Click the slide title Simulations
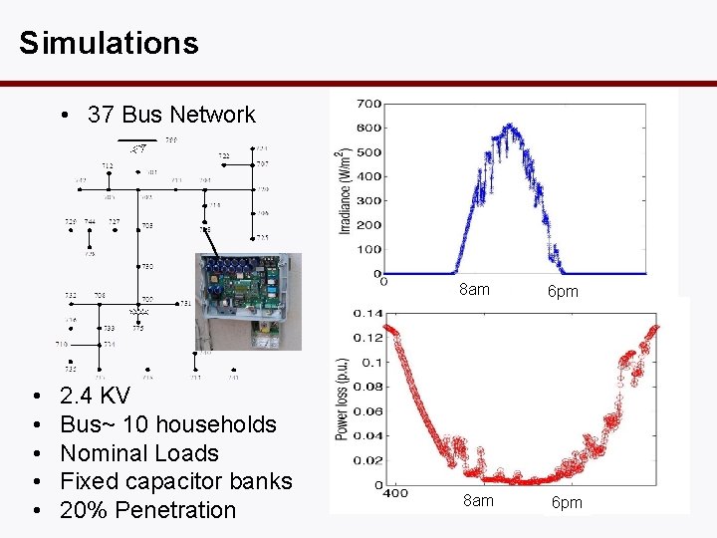109,43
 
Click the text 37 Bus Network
171,115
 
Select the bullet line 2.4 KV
95,396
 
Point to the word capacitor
173,481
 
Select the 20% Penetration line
147,510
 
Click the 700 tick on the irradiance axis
368,104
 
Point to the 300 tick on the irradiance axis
368,200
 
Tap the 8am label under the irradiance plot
474,290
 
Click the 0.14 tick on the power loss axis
368,314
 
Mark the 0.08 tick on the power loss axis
368,387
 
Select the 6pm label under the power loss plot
567,501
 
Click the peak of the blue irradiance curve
510,127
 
